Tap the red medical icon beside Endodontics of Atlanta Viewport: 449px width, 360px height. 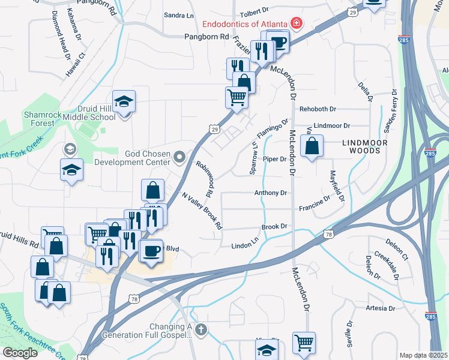pyautogui.click(x=296, y=24)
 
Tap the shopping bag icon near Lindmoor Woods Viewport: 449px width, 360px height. pyautogui.click(x=312, y=146)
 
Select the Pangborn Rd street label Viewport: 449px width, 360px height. pyautogui.click(x=207, y=37)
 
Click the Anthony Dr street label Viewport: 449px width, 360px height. pyautogui.click(x=271, y=193)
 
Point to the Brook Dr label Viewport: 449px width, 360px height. pyautogui.click(x=275, y=227)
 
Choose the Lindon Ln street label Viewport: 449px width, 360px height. pyautogui.click(x=245, y=246)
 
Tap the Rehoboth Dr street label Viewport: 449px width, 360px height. pyautogui.click(x=318, y=110)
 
